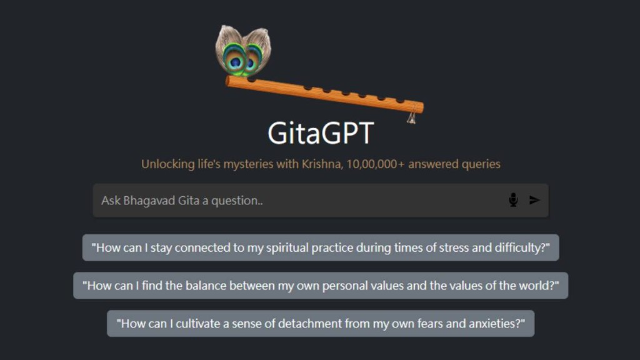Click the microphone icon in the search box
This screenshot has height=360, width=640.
pos(513,200)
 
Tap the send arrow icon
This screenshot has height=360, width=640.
pos(534,200)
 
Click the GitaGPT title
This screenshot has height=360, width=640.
pos(321,133)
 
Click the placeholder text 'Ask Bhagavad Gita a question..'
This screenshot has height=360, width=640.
pos(182,201)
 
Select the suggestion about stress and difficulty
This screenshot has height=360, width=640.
pos(321,247)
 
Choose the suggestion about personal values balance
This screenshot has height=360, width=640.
pos(321,285)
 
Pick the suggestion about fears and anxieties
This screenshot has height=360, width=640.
pos(321,323)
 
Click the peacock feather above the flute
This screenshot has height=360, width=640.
pos(243,51)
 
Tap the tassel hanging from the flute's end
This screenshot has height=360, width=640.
pos(411,117)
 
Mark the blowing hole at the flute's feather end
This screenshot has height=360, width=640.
pos(252,80)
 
